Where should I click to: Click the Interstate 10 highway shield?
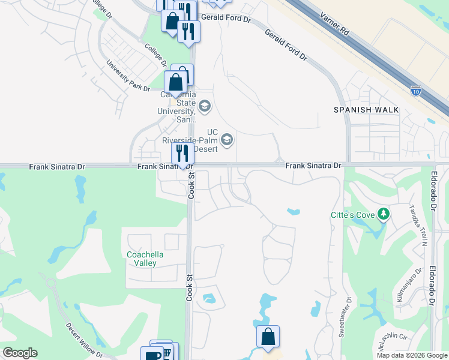coord(416,91)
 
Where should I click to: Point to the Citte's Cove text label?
coord(352,215)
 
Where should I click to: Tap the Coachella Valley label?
coord(142,259)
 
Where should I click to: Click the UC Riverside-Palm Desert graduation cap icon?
coord(227,140)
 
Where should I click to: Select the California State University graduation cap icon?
coord(204,107)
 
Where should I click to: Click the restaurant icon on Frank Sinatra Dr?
coord(183,153)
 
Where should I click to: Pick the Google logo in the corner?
coord(20,353)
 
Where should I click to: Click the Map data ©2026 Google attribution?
coord(412,355)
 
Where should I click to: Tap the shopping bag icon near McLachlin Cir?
coord(268,337)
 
